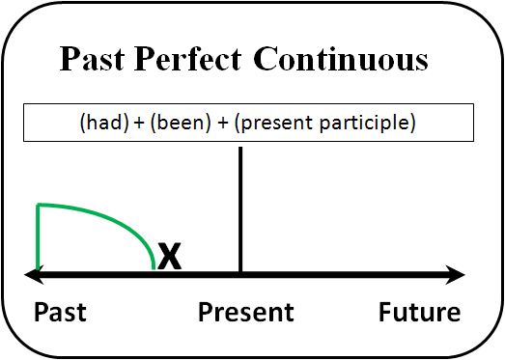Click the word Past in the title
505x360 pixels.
93,60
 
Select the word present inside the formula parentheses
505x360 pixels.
279,124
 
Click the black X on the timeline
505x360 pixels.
170,257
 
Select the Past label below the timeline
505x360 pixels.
60,313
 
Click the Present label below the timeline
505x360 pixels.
246,313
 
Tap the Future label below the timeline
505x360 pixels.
419,313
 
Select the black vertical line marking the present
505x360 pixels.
239,212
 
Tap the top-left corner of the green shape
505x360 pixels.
38,205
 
